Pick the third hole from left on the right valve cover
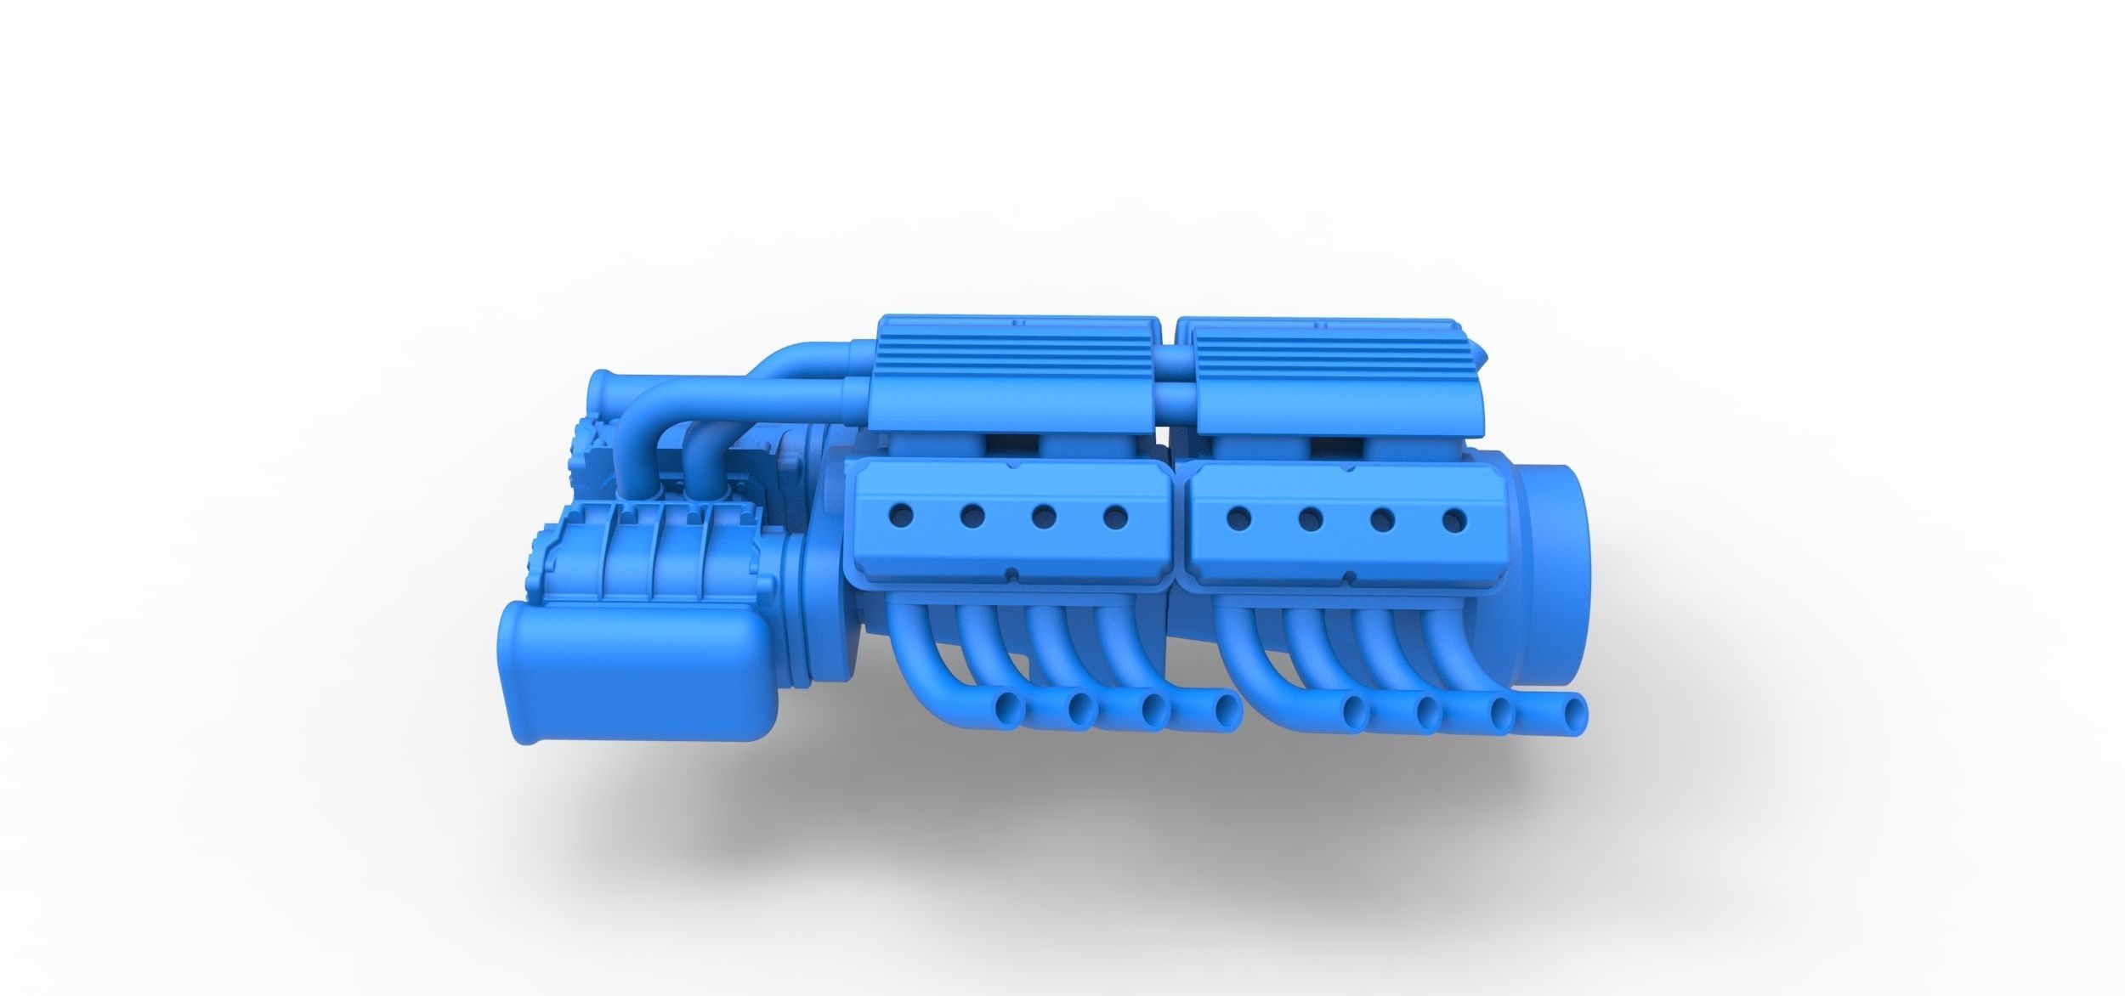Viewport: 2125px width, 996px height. point(1384,516)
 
